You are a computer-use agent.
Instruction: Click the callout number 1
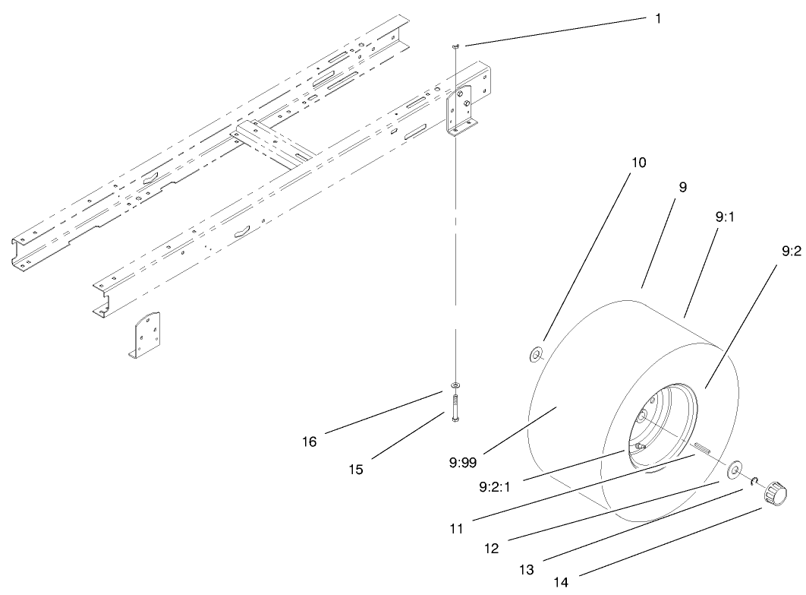click(x=658, y=18)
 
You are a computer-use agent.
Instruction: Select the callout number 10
click(x=638, y=163)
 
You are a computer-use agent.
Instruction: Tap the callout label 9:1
click(x=725, y=217)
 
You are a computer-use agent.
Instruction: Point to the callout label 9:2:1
click(x=495, y=486)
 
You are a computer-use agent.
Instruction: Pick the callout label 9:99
click(x=463, y=463)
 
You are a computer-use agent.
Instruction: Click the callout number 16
click(x=310, y=442)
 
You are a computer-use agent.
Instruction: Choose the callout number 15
click(x=356, y=470)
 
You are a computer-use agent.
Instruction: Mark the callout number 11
click(x=456, y=529)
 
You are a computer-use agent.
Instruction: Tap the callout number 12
click(x=491, y=549)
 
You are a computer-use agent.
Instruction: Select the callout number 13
click(x=527, y=570)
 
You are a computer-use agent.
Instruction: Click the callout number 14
click(x=562, y=583)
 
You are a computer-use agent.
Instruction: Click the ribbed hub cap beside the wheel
click(x=775, y=492)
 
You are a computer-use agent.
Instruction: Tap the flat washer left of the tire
click(x=537, y=355)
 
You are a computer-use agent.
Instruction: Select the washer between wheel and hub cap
click(x=734, y=470)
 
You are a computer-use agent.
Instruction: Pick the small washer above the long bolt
click(x=455, y=385)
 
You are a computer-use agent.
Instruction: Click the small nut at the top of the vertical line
click(x=455, y=46)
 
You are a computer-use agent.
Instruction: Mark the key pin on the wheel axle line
click(x=702, y=448)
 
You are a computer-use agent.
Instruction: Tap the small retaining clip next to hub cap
click(x=754, y=481)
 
